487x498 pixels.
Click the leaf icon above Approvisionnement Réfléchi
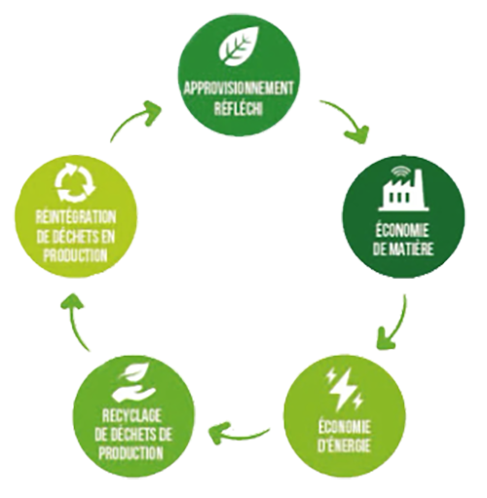point(240,45)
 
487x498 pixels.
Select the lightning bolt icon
point(345,389)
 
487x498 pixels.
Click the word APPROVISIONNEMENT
point(239,89)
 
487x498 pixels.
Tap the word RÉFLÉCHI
point(239,107)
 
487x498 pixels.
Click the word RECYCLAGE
point(131,416)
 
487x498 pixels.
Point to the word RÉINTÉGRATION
point(76,217)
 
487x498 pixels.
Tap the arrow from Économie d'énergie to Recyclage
point(239,434)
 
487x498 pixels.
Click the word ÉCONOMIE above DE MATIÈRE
point(402,231)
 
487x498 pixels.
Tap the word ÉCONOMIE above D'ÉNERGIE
point(344,426)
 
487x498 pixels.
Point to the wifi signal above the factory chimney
point(399,172)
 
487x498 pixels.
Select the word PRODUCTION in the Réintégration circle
point(76,254)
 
